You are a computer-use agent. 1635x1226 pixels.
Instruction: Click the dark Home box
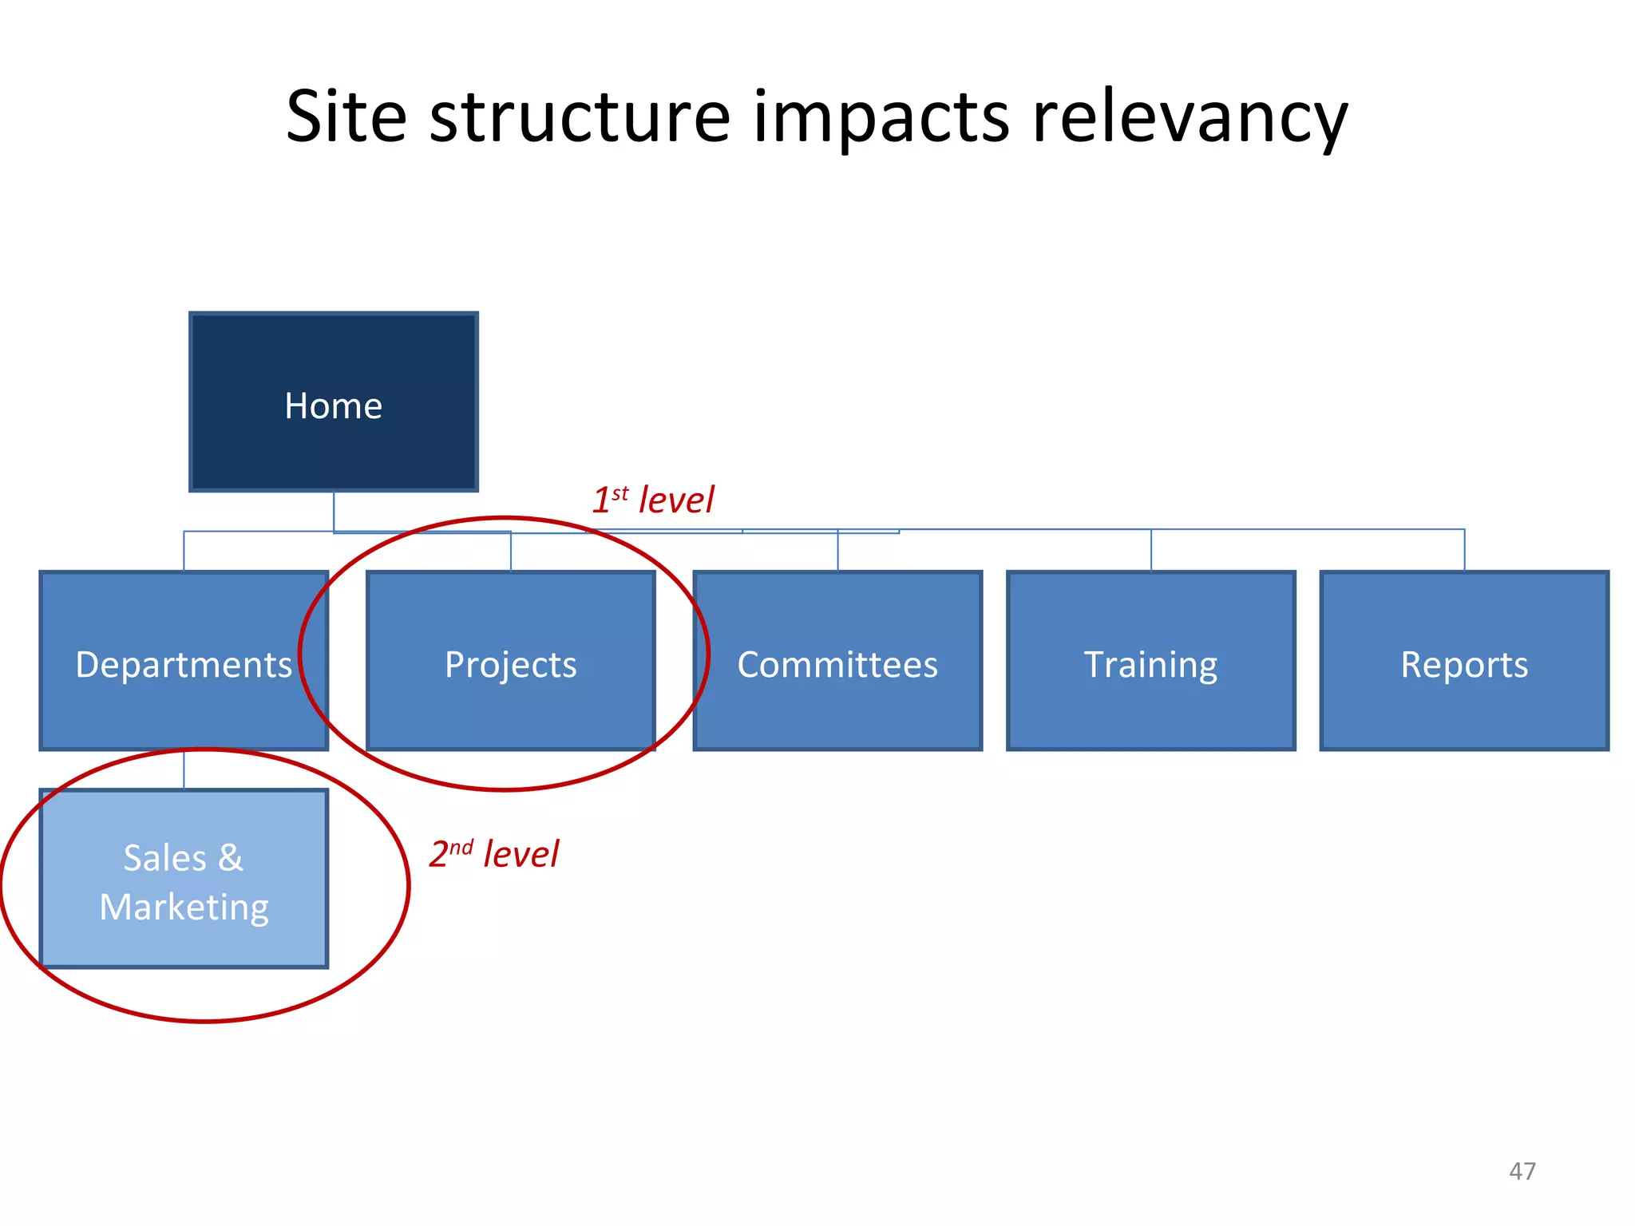tap(333, 401)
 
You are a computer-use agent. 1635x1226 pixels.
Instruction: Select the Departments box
tap(184, 661)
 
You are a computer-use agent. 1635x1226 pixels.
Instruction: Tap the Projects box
tap(510, 661)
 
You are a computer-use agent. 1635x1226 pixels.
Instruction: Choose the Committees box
tap(837, 661)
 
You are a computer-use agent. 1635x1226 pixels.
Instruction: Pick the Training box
tap(1150, 661)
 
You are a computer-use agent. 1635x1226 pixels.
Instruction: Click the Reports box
tap(1464, 661)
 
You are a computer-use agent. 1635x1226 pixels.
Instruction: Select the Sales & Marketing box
tap(184, 879)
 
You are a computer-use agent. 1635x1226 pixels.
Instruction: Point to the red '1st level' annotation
tap(653, 500)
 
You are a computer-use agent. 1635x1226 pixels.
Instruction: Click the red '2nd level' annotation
tap(494, 854)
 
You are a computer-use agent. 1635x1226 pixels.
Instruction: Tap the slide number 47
tap(1522, 1171)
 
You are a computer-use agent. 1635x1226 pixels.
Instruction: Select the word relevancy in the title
tap(1190, 118)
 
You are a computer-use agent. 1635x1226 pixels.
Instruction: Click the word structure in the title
tap(580, 118)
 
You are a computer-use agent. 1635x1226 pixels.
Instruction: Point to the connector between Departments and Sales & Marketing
tap(184, 769)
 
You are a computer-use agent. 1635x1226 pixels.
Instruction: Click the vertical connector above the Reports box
tap(1464, 550)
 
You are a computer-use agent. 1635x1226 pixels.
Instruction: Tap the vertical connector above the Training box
tap(1151, 550)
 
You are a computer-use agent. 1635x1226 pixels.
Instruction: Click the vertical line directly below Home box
tap(334, 511)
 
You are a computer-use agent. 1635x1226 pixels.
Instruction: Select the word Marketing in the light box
tap(184, 908)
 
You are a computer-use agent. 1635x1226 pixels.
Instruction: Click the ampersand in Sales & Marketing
tap(230, 858)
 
